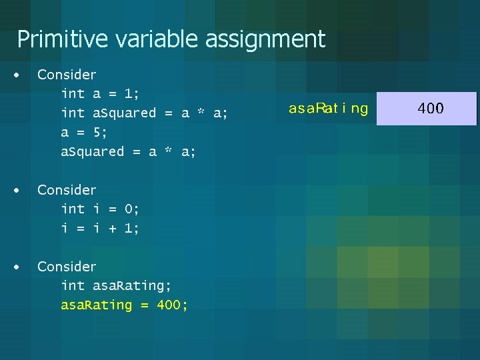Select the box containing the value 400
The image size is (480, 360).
(427, 109)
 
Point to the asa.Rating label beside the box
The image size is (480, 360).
(328, 109)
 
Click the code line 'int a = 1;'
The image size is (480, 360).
(99, 94)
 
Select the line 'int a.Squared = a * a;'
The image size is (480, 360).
(144, 113)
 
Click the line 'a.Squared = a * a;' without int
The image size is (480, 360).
(128, 152)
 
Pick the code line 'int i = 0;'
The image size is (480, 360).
(100, 209)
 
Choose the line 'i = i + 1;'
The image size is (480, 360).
(100, 229)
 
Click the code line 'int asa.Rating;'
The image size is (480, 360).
(116, 286)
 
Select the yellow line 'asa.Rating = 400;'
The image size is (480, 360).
(124, 305)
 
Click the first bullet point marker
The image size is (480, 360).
(17, 75)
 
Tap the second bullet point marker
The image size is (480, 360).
(17, 191)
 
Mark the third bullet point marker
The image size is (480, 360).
(17, 267)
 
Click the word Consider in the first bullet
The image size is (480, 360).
(67, 75)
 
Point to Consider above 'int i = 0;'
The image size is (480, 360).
(67, 190)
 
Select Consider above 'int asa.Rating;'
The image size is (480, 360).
(67, 267)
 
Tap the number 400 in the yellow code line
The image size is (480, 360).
(170, 305)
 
